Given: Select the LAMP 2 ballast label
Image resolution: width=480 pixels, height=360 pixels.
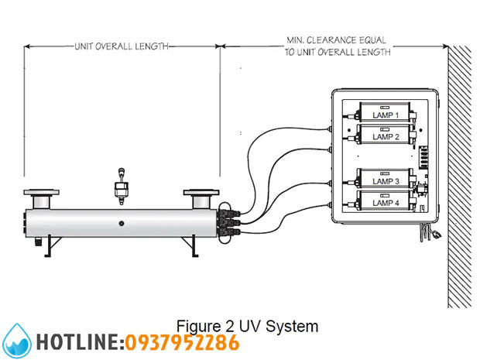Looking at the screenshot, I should (385, 136).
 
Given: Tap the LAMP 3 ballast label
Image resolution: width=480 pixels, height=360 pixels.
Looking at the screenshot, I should (385, 181).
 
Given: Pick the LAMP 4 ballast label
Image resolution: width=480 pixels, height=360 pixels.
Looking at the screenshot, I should (385, 203).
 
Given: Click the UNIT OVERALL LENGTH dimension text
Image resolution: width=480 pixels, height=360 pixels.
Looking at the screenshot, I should (121, 46).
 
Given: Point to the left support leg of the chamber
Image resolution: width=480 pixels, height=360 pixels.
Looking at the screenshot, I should (48, 245).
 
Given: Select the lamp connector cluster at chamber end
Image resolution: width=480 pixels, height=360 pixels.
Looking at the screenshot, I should (225, 221).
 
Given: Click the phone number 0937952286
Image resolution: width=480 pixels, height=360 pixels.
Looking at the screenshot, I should (182, 341).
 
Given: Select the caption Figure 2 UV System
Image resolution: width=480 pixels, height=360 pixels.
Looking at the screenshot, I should (247, 325).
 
